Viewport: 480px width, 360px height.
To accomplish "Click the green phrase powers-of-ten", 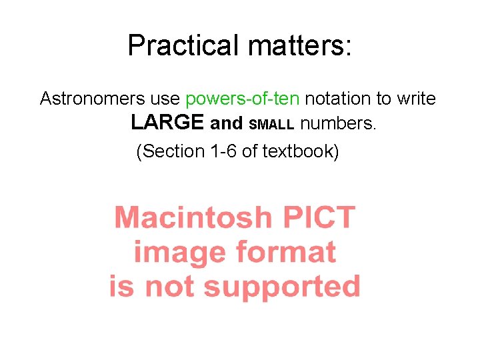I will click(x=243, y=99).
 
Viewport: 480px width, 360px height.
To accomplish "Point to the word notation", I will click(x=338, y=99).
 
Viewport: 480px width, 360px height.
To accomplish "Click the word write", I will click(x=417, y=99).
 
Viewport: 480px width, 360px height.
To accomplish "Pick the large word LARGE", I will click(x=167, y=123).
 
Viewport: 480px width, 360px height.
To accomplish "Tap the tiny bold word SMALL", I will click(x=271, y=125).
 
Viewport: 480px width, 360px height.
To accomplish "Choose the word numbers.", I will click(x=338, y=124).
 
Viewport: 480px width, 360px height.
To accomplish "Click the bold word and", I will click(x=226, y=124).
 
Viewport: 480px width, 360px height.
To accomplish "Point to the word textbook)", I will click(x=301, y=151).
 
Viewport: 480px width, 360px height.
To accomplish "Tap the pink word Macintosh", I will click(x=193, y=218).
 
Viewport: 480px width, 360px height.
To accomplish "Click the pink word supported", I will click(x=282, y=287).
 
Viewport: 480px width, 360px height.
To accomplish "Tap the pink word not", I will click(x=171, y=287).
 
